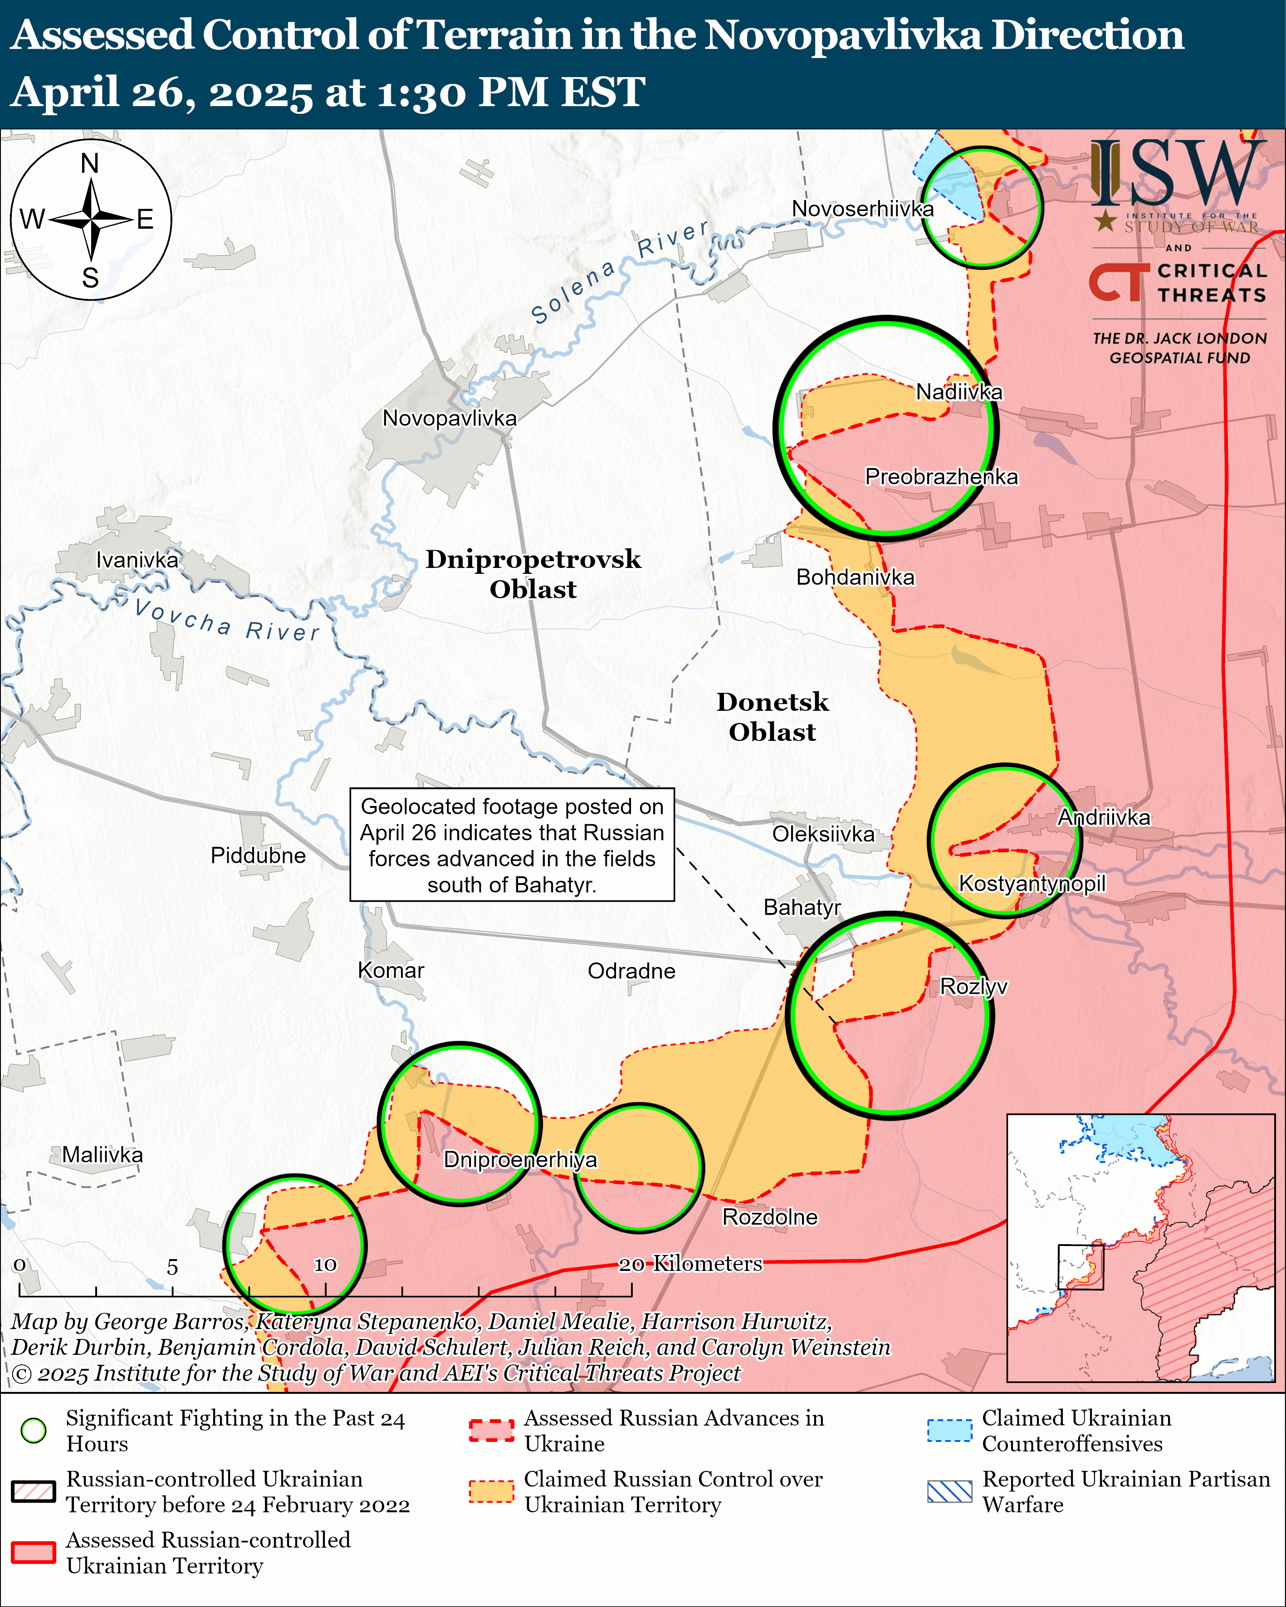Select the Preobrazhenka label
(941, 476)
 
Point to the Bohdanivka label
(855, 577)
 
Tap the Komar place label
(391, 971)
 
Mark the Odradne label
(631, 971)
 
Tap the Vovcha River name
(227, 620)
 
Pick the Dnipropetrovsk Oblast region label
(533, 574)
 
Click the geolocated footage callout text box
(512, 845)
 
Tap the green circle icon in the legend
(34, 1431)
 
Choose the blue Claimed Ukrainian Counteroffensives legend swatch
(950, 1431)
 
